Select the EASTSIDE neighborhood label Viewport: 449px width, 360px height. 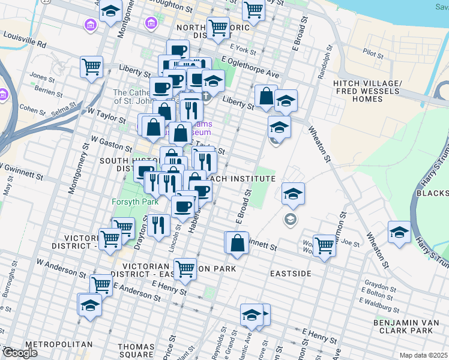(291, 274)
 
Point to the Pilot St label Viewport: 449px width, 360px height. (373, 55)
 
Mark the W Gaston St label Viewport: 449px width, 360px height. (111, 143)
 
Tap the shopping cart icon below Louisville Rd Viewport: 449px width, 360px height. (91, 67)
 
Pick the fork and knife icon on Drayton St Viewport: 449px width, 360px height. (158, 225)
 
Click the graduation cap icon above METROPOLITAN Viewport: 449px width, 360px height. (90, 305)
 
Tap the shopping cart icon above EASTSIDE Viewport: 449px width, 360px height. (324, 244)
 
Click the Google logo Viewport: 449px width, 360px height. (19, 353)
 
